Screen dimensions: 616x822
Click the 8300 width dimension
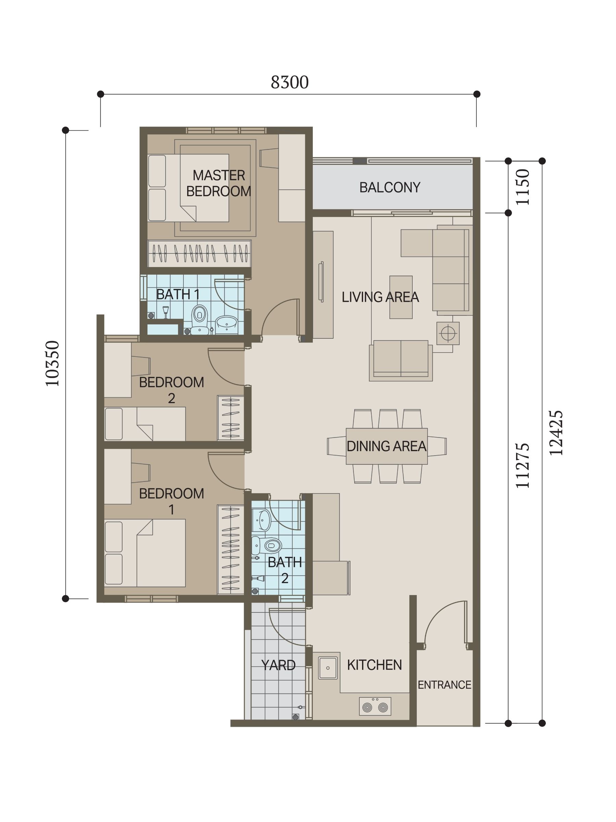point(290,83)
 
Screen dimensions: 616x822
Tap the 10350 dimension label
point(52,363)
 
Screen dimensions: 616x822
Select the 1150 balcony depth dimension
point(523,187)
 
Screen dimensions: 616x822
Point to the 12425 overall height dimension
point(556,433)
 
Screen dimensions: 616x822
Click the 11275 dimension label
point(523,465)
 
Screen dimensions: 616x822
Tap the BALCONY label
point(390,187)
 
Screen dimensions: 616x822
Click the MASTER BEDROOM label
point(219,183)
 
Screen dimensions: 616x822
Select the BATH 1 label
point(178,294)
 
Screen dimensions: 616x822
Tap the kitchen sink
point(328,668)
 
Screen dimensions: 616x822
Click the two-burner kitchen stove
point(375,707)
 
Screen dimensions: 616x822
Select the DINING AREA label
point(386,446)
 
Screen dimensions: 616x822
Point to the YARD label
point(279,665)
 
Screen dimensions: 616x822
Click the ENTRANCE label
point(445,685)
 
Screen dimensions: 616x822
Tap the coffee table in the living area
point(401,297)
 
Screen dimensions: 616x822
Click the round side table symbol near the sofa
point(448,333)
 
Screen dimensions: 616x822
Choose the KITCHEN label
point(375,665)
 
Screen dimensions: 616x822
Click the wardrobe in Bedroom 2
point(231,418)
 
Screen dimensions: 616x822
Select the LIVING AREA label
point(381,297)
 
